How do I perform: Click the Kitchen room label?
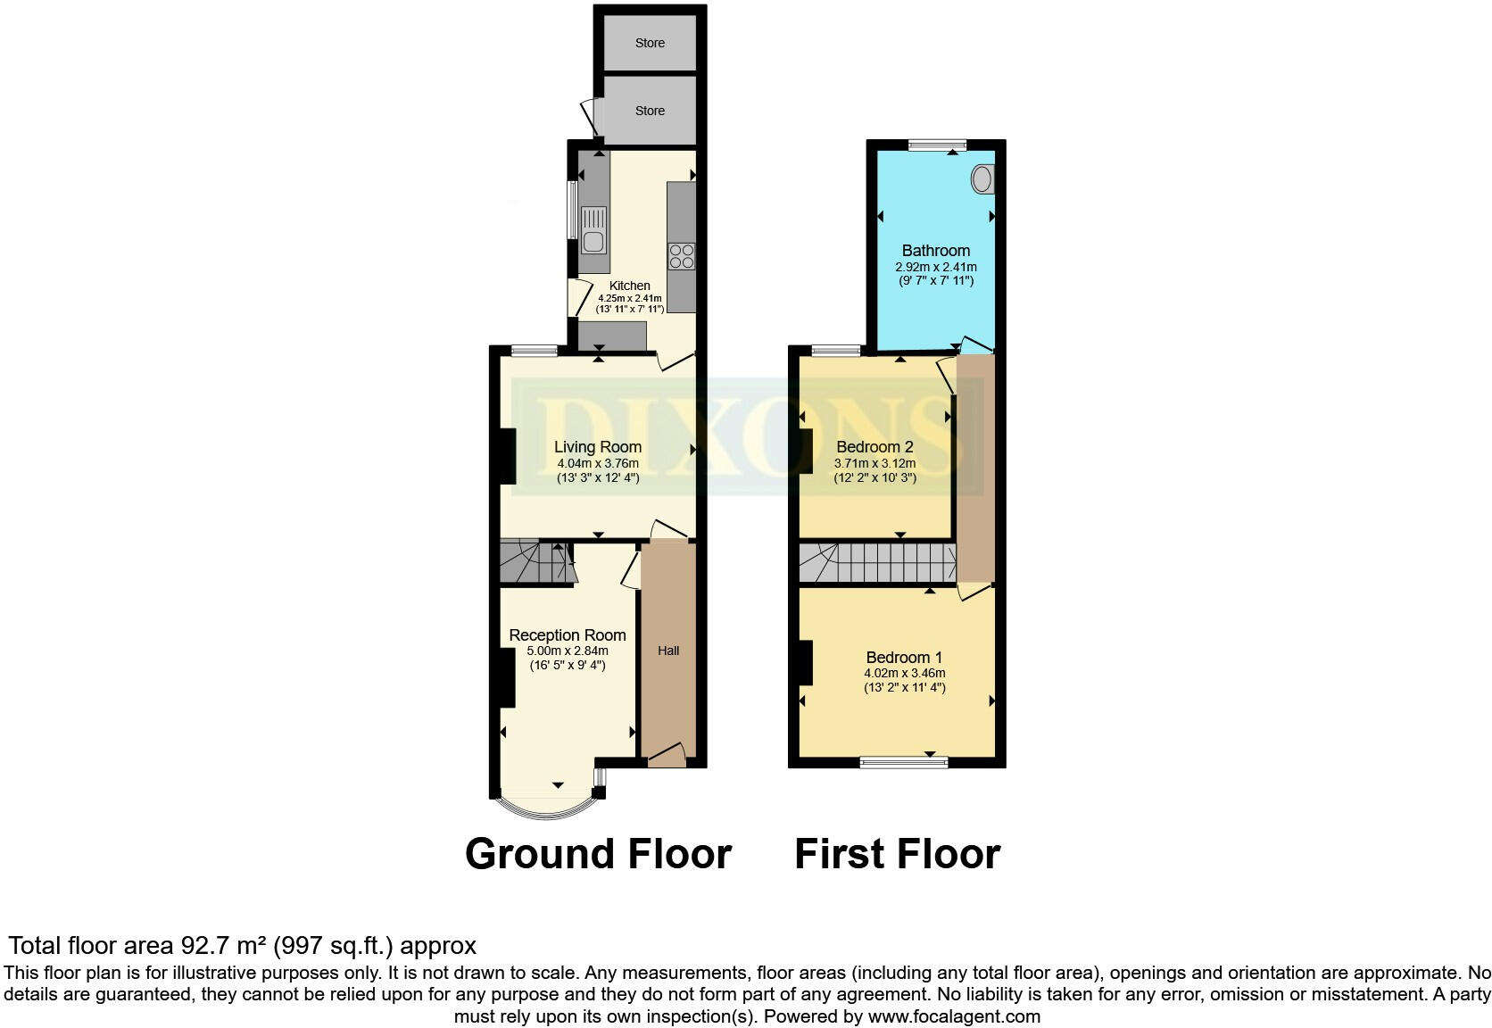[629, 286]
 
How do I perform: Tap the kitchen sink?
[593, 230]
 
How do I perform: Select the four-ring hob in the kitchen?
[682, 256]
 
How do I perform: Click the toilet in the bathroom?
[982, 180]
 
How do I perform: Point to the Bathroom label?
[935, 251]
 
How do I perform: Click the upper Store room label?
[650, 43]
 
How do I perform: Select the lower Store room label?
[650, 111]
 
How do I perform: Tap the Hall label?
[668, 651]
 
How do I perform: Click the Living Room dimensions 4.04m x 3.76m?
[598, 463]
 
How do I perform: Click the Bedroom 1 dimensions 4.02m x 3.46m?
[904, 673]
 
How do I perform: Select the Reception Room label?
[568, 635]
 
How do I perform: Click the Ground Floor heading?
[598, 854]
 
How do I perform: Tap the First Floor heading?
[897, 854]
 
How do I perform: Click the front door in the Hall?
[667, 758]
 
